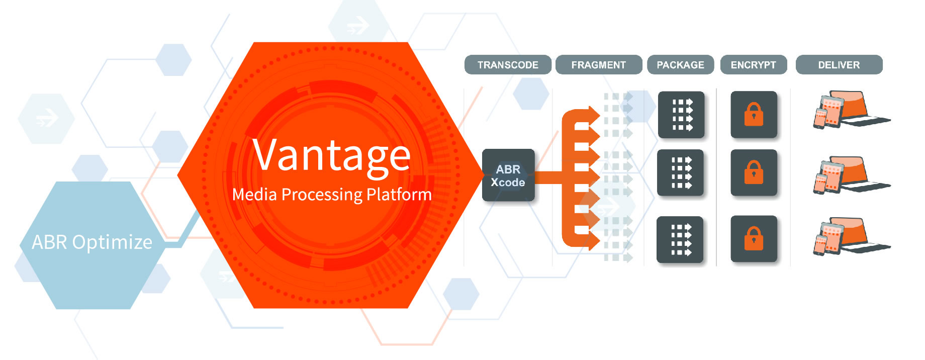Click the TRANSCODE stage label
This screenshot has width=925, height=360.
pos(508,65)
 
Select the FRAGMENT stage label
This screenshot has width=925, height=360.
pos(599,65)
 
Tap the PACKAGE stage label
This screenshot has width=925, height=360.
pos(681,65)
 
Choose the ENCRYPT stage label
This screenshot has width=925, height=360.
pos(754,65)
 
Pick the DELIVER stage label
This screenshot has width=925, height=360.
pos(839,65)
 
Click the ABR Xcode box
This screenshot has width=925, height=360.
pos(508,175)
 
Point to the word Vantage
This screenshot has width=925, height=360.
pos(331,155)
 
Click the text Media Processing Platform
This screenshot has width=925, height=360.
pos(332,195)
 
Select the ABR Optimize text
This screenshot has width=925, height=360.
pos(92,242)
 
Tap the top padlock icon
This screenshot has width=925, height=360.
pos(754,115)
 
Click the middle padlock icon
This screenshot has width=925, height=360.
pos(754,172)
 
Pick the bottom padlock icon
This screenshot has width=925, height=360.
pos(754,238)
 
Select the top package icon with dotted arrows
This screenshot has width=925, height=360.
pos(681,115)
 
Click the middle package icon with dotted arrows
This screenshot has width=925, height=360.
pos(680,172)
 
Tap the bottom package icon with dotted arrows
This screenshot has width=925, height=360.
pos(680,239)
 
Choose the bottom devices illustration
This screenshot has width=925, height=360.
pos(851,236)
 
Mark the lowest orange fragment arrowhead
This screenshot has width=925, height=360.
pos(594,242)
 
